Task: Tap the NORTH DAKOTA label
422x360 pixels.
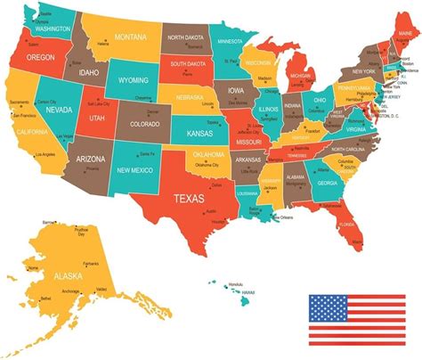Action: click(x=185, y=37)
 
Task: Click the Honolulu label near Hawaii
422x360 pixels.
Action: click(x=235, y=283)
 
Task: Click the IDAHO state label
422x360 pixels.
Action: click(x=87, y=71)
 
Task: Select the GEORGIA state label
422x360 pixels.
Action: click(x=328, y=184)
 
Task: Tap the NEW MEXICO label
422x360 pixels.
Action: click(x=135, y=169)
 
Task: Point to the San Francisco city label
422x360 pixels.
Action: click(x=20, y=117)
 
